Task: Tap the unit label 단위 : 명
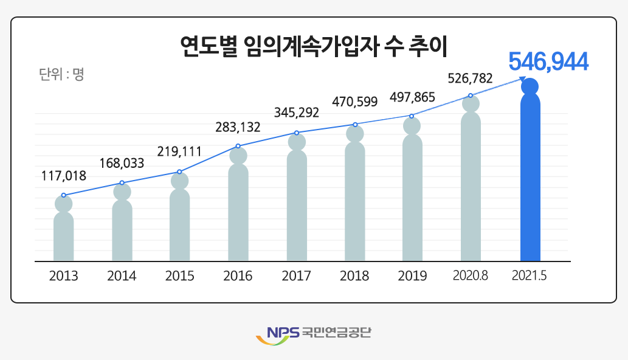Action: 61,75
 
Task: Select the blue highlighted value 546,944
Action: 548,62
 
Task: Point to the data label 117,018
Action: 64,176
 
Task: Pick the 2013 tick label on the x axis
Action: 64,276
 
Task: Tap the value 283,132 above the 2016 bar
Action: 238,128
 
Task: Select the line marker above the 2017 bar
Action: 297,133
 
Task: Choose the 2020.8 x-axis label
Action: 471,276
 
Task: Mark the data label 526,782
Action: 470,78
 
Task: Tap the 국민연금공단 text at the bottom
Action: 336,333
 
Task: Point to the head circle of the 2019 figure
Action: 413,125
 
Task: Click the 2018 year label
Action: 354,276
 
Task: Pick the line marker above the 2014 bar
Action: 122,182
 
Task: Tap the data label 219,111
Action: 179,151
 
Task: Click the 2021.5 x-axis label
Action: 530,276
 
